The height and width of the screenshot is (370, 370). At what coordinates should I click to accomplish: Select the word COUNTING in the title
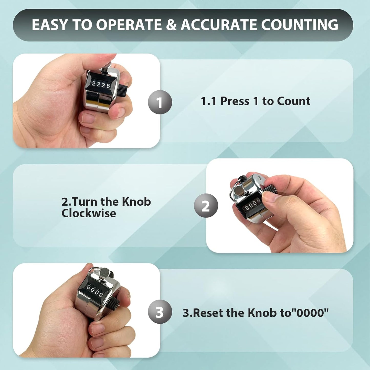pos(300,25)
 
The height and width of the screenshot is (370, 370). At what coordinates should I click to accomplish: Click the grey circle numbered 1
pos(160,102)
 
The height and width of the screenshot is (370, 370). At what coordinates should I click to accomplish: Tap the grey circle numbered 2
pos(206,206)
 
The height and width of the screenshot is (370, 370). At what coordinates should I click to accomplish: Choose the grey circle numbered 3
pos(160,312)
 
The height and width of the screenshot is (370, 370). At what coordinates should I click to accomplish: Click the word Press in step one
pos(235,101)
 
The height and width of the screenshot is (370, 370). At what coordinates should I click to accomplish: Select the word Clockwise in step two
pos(89,213)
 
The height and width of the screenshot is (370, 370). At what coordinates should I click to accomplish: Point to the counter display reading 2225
pos(101,84)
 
